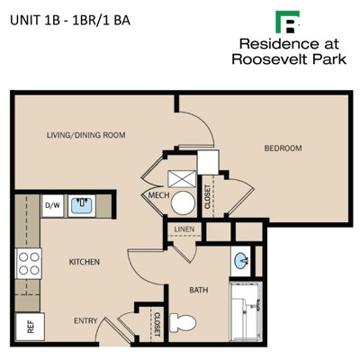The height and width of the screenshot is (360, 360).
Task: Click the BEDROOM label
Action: pos(283,148)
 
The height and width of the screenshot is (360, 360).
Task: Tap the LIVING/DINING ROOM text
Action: pos(86,135)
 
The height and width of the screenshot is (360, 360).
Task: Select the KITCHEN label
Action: pos(85,262)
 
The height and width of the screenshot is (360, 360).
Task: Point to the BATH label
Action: pos(199,290)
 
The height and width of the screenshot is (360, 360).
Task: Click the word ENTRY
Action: pos(85,320)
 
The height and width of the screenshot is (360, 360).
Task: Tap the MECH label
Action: pos(158,195)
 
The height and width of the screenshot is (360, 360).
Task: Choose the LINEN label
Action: pos(184,229)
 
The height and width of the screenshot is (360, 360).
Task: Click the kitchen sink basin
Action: pos(81,205)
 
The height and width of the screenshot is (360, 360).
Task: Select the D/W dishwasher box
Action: pos(52,206)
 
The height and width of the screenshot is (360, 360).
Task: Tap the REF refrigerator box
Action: pos(30,327)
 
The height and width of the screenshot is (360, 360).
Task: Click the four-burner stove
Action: pos(29,264)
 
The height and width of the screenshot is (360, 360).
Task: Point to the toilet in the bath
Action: pos(183,322)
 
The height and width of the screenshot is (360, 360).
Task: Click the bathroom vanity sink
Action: pos(241,260)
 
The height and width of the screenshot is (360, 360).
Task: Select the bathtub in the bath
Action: pos(246,311)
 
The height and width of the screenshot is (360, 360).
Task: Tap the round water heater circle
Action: pos(183,203)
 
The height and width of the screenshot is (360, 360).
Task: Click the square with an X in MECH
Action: pos(182,179)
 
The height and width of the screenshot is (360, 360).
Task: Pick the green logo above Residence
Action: pos(288,22)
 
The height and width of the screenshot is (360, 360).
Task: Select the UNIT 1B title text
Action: pos(70,21)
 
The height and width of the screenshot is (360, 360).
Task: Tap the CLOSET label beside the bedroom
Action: pos(207,197)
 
